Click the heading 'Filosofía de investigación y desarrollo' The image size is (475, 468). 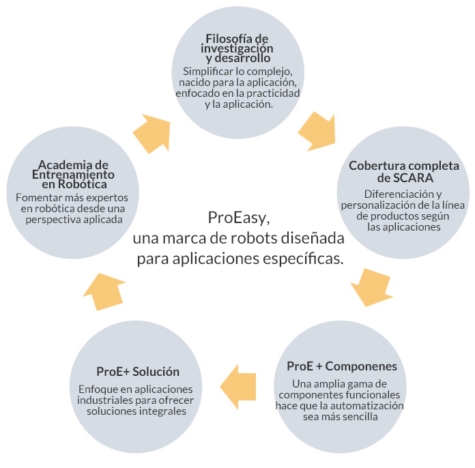point(237,48)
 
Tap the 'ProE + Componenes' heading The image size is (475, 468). point(342,367)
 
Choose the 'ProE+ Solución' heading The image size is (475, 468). point(138,372)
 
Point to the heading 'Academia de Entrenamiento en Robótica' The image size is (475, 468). point(73,174)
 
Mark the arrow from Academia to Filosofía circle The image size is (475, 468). point(152,132)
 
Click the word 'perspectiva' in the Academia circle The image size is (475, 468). point(51,220)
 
